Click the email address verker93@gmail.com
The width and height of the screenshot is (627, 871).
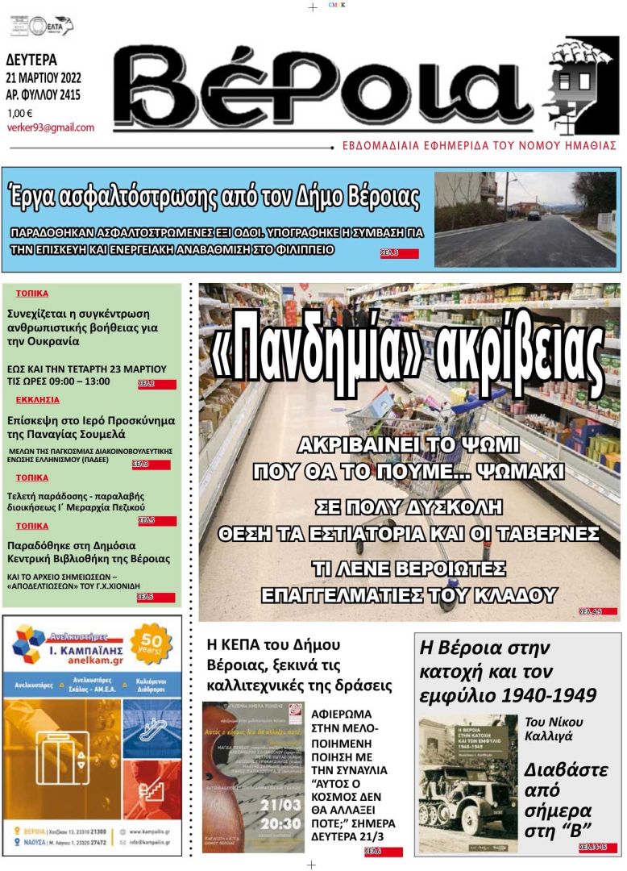point(50,127)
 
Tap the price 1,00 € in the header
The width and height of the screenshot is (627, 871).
point(20,113)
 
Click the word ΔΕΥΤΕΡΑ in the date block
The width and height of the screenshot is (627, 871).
point(31,60)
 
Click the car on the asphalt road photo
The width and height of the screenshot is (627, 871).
point(534,215)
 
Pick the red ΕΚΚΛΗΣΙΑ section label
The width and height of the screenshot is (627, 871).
point(37,399)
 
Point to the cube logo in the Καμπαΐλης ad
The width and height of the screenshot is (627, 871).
point(31,645)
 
